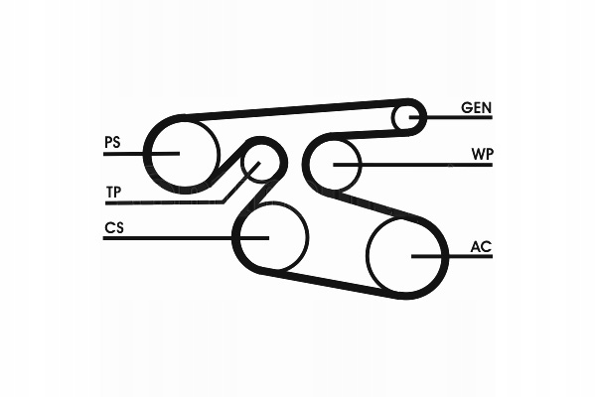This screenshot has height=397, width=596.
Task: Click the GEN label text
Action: click(x=476, y=106)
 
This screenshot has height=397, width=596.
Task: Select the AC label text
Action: click(x=481, y=244)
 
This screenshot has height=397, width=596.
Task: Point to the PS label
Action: click(x=112, y=142)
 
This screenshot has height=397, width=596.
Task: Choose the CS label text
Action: click(x=113, y=227)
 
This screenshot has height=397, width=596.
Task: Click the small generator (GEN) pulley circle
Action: click(x=406, y=117)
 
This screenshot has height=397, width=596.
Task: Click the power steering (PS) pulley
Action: click(x=182, y=152)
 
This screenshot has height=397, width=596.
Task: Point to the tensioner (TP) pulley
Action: click(x=262, y=165)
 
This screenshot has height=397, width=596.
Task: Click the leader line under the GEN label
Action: click(x=457, y=117)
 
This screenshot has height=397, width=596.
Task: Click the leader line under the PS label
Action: click(x=129, y=153)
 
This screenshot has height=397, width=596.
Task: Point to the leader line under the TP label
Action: click(x=159, y=201)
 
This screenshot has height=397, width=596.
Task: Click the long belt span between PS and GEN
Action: click(x=298, y=109)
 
